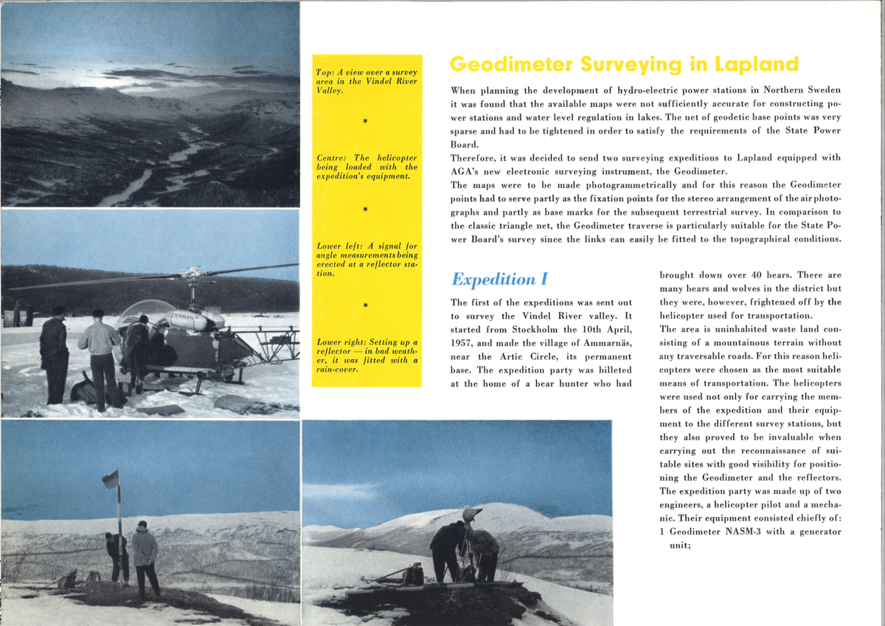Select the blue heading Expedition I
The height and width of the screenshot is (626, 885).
tap(499, 279)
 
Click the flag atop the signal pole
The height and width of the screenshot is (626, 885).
tap(111, 480)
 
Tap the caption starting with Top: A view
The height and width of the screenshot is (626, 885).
tap(367, 81)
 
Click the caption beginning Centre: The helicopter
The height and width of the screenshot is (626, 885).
tap(367, 167)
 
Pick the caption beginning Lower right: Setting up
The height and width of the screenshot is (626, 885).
tap(367, 355)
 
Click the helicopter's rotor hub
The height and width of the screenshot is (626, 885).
tap(191, 274)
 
